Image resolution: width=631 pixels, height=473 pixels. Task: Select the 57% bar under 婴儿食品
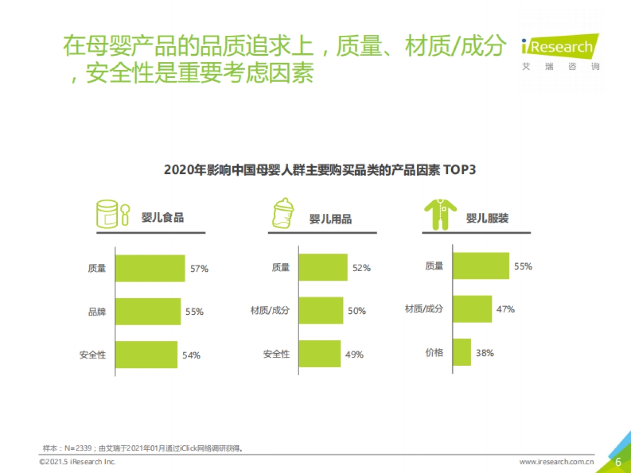click(150, 269)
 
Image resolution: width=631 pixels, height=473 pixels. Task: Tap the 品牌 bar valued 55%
click(148, 312)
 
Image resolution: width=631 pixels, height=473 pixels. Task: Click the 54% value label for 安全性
click(191, 355)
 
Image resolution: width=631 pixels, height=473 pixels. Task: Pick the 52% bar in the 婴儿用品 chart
click(323, 268)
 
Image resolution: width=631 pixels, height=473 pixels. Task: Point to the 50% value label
click(357, 311)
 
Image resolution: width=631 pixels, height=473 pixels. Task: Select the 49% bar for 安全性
click(320, 354)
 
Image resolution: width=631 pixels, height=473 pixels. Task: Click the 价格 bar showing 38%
click(462, 352)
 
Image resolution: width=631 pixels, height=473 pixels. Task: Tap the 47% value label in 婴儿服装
click(505, 309)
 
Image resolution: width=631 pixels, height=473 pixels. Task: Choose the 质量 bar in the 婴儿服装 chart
click(481, 266)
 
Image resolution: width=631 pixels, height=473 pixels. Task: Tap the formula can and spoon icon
click(112, 213)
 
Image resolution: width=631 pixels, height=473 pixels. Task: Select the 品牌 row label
click(97, 312)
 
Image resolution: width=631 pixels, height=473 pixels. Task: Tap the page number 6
click(618, 462)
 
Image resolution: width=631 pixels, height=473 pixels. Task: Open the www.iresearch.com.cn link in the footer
click(556, 462)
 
